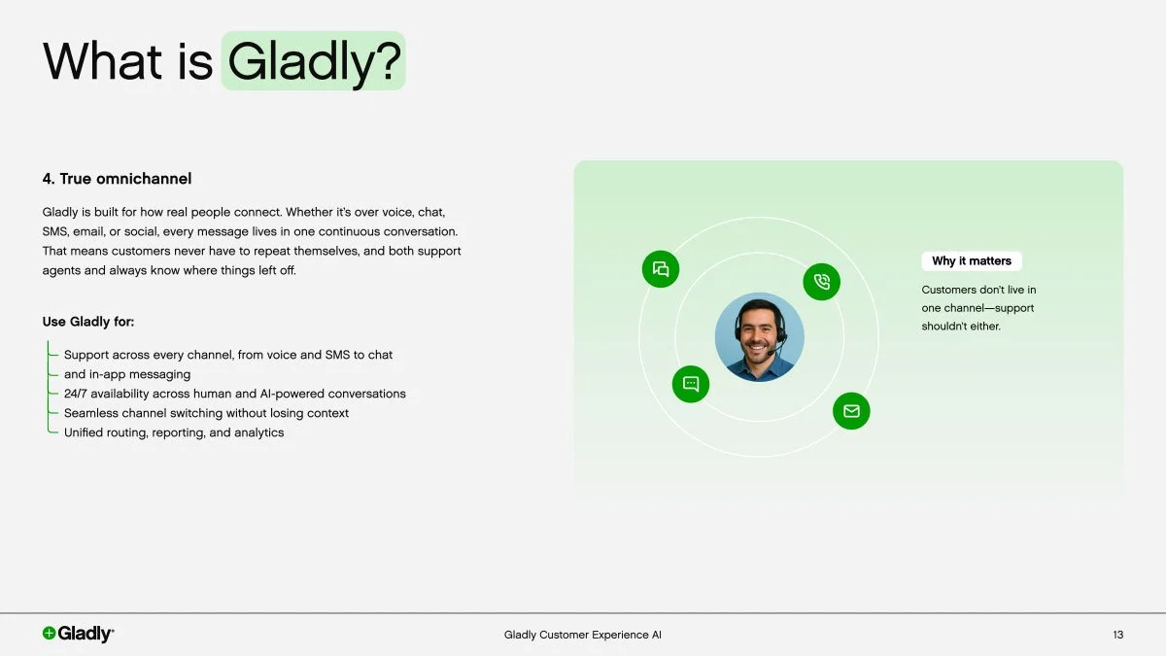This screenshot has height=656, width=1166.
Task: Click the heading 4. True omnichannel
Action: coord(117,179)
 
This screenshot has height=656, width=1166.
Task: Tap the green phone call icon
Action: coord(821,282)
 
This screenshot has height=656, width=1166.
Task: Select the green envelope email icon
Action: coord(851,411)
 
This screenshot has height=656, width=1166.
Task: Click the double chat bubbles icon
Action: coord(661,269)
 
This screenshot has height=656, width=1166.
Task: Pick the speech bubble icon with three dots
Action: coord(691,384)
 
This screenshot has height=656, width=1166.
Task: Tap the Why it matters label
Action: coord(971,260)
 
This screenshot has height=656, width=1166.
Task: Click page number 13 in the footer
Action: coord(1117,635)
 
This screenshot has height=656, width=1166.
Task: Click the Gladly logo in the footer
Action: coord(78,634)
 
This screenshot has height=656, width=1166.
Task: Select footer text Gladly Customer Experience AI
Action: coord(582,635)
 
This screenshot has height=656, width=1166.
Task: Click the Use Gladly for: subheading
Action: coord(88,322)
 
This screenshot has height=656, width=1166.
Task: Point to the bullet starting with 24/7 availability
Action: coord(234,394)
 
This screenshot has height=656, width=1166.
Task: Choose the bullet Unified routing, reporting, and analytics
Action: coord(174,432)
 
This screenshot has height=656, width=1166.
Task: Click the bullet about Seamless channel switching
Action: coord(206,413)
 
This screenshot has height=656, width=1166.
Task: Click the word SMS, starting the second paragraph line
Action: coord(54,231)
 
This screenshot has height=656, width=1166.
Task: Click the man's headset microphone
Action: coord(772,340)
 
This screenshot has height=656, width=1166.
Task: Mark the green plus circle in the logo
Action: coord(50,634)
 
